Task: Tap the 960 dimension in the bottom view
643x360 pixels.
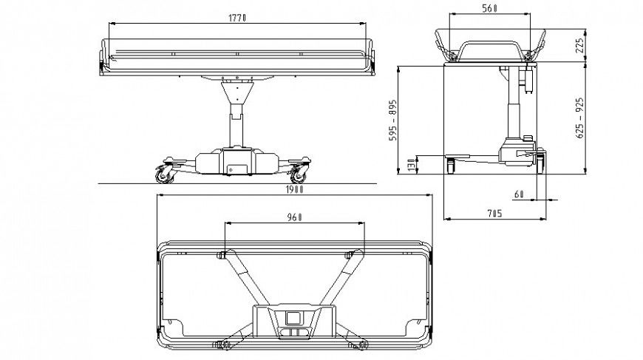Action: [294, 218]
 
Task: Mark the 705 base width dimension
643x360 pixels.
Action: [494, 214]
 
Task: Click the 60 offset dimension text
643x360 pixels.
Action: [519, 194]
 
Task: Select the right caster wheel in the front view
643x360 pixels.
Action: [299, 175]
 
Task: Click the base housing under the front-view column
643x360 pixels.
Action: [233, 163]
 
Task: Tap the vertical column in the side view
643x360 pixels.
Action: [510, 111]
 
